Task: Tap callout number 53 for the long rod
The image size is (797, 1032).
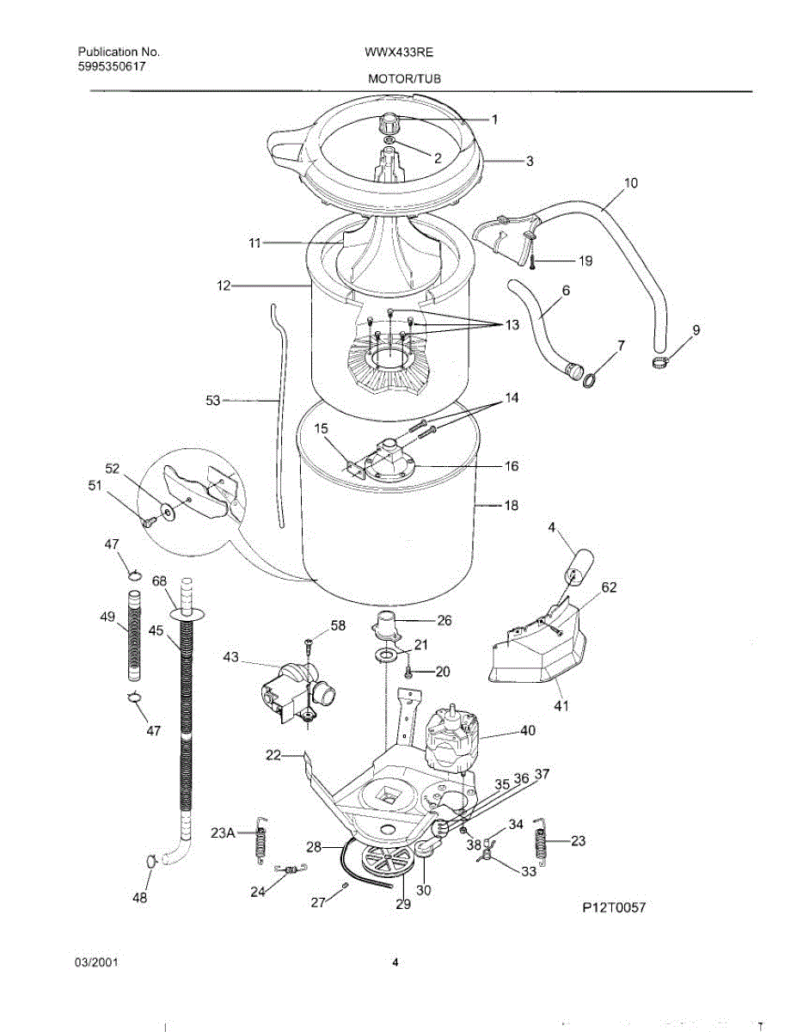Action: [213, 400]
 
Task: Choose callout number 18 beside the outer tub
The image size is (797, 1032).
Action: [511, 507]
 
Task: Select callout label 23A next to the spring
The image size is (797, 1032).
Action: [223, 832]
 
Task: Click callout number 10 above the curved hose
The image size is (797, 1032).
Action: [630, 183]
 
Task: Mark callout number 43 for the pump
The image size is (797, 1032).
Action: [230, 657]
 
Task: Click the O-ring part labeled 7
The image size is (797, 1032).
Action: [592, 378]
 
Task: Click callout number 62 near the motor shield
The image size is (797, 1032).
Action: [609, 588]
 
